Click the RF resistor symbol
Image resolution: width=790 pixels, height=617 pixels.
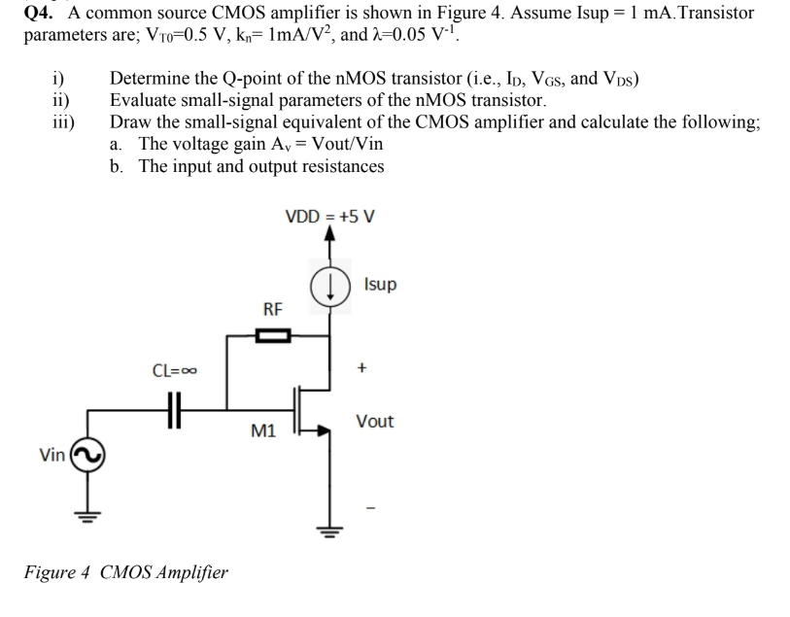(273, 336)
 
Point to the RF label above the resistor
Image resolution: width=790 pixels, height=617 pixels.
(273, 310)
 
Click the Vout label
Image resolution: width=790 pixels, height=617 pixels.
(374, 421)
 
